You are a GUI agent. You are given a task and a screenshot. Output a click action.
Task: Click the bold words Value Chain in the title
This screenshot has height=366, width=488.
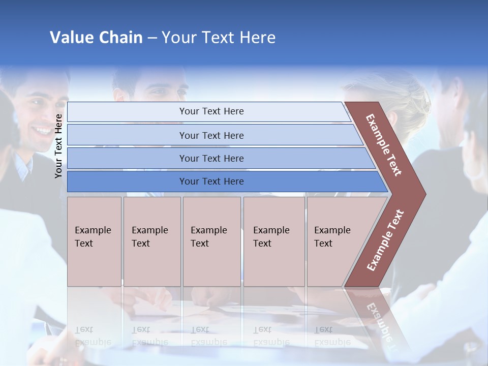pos(96,38)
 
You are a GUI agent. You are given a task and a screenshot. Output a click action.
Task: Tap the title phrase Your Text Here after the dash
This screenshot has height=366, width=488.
pos(219,38)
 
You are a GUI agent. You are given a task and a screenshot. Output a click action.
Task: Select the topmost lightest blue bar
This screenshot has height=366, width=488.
pos(211,111)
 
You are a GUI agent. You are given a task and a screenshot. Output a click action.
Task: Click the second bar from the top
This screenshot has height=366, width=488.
pos(211,135)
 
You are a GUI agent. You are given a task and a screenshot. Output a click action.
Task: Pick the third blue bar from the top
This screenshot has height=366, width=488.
pos(211,158)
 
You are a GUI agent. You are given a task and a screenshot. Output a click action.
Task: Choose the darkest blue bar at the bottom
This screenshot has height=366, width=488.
pos(211,181)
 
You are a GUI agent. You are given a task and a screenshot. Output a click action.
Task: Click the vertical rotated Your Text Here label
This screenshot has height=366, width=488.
pos(58,146)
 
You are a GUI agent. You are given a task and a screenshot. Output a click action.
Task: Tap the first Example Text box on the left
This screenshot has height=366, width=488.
pos(94,241)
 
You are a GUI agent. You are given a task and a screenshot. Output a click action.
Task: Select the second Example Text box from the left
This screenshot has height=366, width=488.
pos(151,241)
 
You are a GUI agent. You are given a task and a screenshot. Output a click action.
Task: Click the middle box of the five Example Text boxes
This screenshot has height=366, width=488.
pos(211,241)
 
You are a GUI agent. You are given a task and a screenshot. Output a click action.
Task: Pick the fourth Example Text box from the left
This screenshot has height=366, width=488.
pos(273,241)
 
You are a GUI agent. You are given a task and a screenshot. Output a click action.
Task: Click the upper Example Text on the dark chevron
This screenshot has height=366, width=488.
pos(384,145)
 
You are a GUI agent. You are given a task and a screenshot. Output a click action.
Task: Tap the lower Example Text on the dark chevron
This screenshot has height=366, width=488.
pos(385,240)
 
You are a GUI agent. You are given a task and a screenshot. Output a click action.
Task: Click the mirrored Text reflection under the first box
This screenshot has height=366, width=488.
pos(84,329)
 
